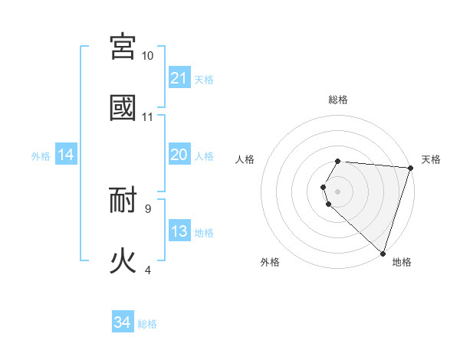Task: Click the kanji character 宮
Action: [x=123, y=47]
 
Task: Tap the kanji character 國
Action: [x=123, y=107]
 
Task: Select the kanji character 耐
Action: [x=123, y=200]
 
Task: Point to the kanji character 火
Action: [x=123, y=260]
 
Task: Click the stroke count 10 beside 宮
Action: [x=147, y=56]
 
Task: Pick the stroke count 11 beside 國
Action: [x=147, y=117]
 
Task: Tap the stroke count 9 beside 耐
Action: [x=147, y=208]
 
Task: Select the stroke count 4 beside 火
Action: [x=147, y=270]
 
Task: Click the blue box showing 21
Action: [x=179, y=78]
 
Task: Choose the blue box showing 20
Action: [x=179, y=155]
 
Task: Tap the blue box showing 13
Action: [x=179, y=231]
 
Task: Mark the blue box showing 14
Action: [x=66, y=155]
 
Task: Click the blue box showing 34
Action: [x=123, y=322]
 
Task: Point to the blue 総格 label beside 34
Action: [x=147, y=324]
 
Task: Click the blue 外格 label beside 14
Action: [x=41, y=156]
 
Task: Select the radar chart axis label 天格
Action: [x=431, y=159]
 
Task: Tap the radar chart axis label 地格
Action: [x=402, y=262]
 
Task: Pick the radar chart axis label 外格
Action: [x=270, y=262]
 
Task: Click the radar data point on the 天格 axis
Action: [x=410, y=168]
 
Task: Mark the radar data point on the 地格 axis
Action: [x=383, y=253]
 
